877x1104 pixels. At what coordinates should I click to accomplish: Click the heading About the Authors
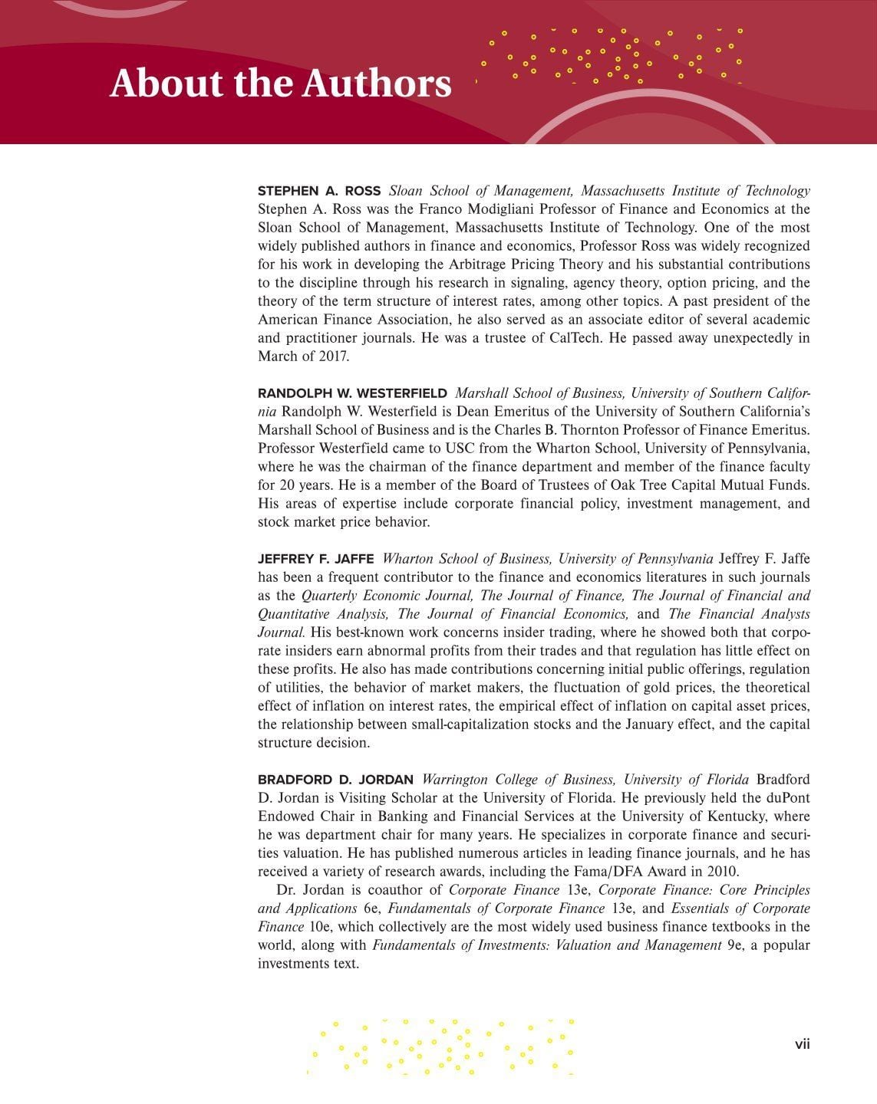click(x=280, y=83)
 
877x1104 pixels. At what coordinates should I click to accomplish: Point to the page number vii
click(x=802, y=1044)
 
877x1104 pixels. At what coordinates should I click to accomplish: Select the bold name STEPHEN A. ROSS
click(x=319, y=191)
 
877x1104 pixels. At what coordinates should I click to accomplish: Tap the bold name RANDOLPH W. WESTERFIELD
click(x=352, y=393)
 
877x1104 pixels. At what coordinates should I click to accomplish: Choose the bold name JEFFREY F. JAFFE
click(x=316, y=559)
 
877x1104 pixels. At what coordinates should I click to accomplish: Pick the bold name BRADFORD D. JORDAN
click(x=335, y=780)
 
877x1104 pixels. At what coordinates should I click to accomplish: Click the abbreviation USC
click(x=460, y=449)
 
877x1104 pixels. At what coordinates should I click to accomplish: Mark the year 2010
click(x=722, y=872)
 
